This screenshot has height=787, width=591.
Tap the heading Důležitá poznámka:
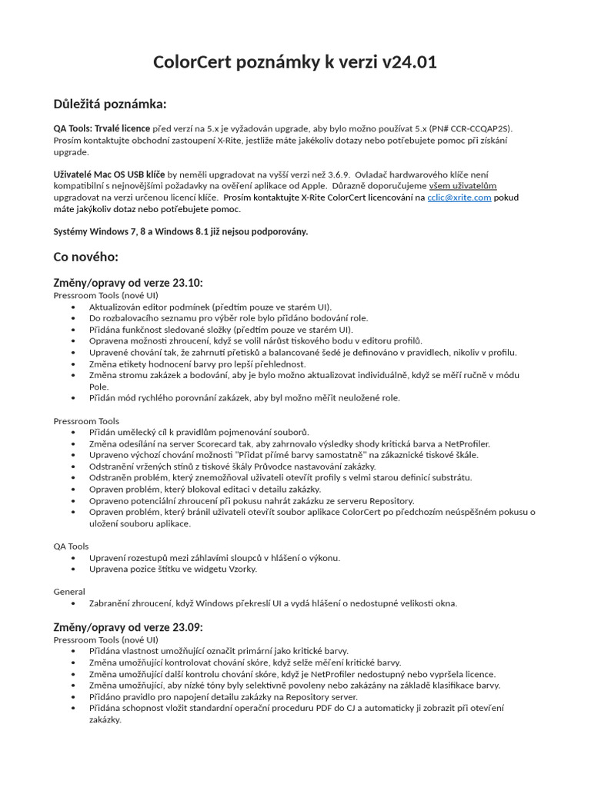point(109,105)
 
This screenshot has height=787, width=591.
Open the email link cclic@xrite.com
point(459,198)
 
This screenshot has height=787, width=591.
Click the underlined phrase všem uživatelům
point(462,186)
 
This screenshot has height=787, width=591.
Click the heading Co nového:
point(85,256)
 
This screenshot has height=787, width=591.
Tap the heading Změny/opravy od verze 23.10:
point(128,283)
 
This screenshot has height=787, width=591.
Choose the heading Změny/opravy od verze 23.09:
point(128,627)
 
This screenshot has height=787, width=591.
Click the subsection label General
point(69,592)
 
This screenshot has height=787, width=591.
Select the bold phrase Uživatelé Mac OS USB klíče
point(109,174)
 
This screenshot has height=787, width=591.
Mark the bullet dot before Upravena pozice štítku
point(73,569)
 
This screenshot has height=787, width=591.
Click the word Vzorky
point(242,569)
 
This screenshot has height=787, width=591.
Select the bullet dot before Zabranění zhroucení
point(73,603)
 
